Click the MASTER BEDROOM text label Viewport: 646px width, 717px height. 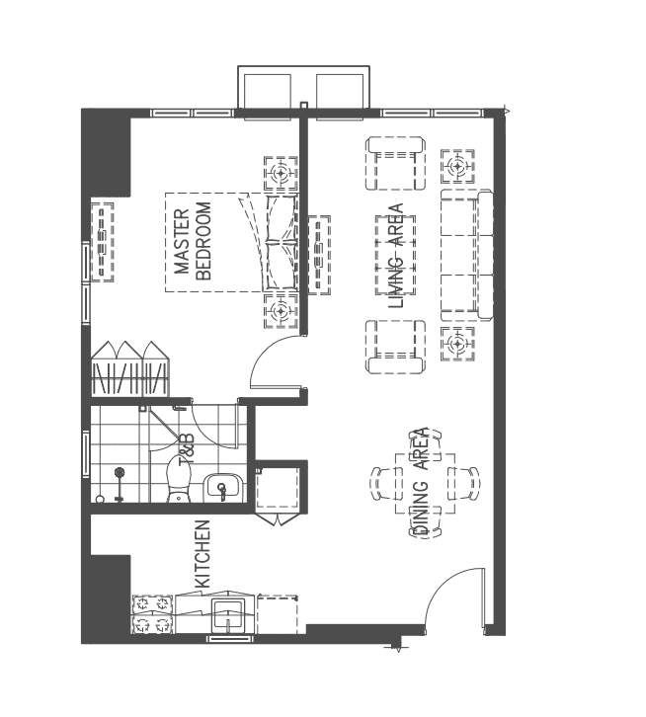[x=194, y=243]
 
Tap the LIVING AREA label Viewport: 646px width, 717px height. [x=396, y=256]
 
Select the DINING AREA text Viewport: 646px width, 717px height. [x=421, y=483]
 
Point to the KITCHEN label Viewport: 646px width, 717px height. [x=202, y=554]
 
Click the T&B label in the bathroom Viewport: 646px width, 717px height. [x=187, y=448]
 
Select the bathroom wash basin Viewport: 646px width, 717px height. [x=221, y=486]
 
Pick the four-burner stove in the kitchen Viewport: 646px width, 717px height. [x=153, y=613]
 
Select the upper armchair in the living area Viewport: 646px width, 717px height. [x=396, y=164]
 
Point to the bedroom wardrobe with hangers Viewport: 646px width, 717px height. [x=127, y=371]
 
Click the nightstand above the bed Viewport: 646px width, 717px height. [x=281, y=174]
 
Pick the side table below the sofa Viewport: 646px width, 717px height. [x=455, y=345]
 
